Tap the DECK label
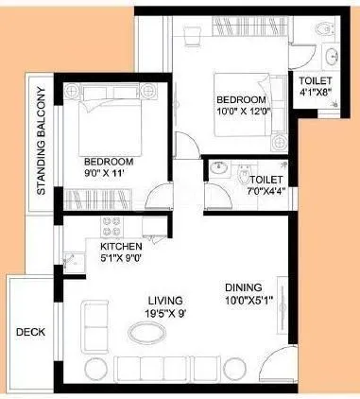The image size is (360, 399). pos(27,332)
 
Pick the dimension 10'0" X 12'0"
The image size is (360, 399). pos(242,113)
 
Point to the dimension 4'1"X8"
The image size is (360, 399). pos(316,93)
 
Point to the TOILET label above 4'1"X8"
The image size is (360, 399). pos(316,79)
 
